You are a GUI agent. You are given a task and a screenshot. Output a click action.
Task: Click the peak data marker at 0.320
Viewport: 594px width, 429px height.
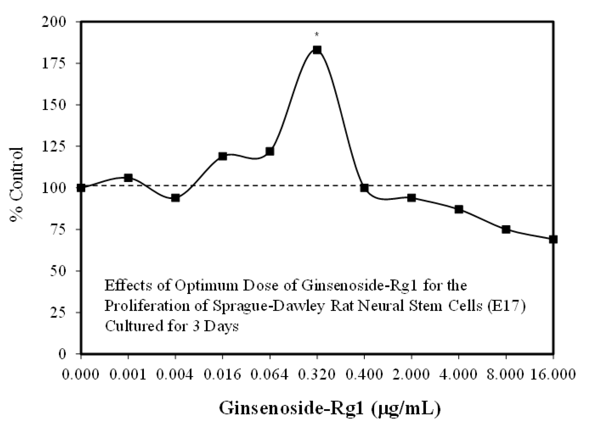(x=317, y=50)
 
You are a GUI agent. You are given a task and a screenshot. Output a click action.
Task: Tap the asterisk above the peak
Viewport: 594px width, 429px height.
(x=317, y=35)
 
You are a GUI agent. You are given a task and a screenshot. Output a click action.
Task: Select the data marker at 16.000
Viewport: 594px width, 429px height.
(x=553, y=239)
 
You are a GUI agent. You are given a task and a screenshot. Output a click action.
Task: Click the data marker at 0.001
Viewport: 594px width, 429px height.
(x=128, y=178)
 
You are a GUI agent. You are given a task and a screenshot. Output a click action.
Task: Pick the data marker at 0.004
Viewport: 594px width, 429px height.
(x=175, y=198)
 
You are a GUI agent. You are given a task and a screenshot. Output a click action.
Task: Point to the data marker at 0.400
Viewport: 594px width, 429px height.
(x=364, y=188)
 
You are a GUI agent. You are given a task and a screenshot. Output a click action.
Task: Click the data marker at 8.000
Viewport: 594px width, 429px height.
(x=506, y=230)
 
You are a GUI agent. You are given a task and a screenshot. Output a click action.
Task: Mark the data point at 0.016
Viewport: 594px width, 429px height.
(x=222, y=156)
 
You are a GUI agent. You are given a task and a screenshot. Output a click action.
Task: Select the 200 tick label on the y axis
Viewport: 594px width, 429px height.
(x=57, y=22)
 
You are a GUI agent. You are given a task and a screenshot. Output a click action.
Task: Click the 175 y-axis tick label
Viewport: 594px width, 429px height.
(x=57, y=63)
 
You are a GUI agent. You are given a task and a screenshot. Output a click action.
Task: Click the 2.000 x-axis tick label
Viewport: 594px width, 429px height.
(x=411, y=375)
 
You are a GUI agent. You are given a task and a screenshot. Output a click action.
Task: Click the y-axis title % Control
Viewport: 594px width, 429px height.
(x=17, y=185)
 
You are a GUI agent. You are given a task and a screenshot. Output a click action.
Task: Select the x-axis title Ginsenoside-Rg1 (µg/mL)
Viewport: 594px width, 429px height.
(x=330, y=408)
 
